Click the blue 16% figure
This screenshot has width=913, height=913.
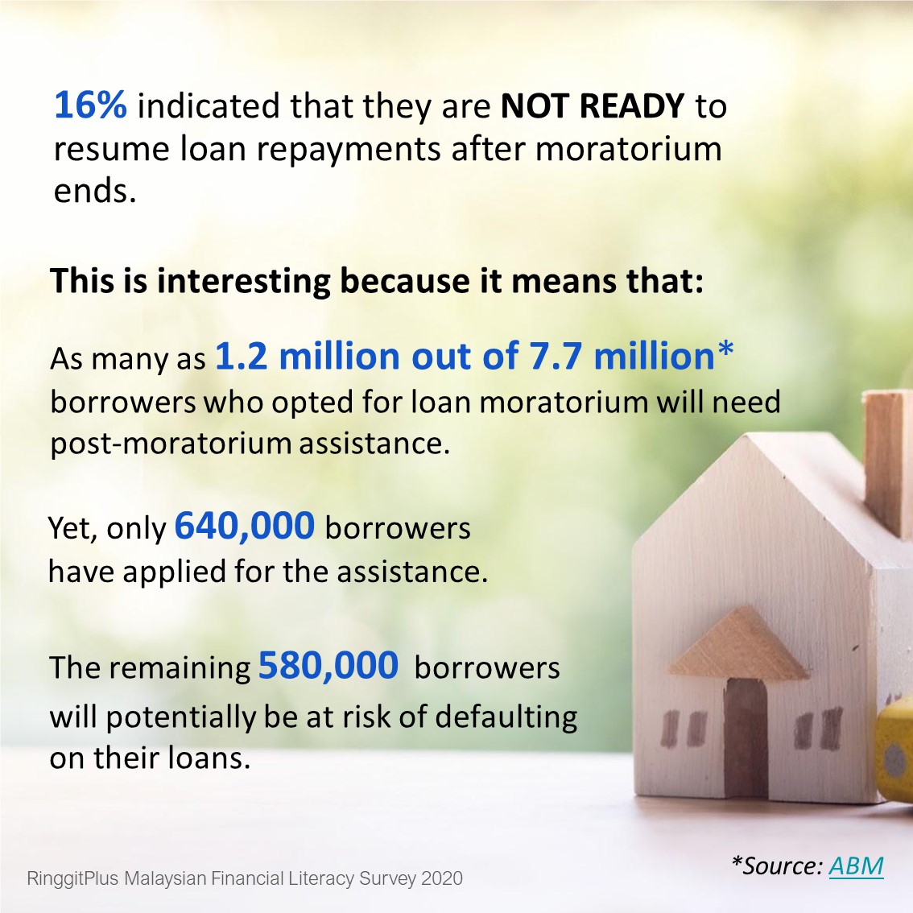pyautogui.click(x=90, y=105)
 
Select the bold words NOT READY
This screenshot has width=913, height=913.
pyautogui.click(x=593, y=105)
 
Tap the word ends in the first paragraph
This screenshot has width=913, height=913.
pyautogui.click(x=95, y=190)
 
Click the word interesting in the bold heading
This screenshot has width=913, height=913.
pyautogui.click(x=243, y=281)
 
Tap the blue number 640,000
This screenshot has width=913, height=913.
pyautogui.click(x=245, y=525)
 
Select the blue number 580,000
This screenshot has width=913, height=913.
pyautogui.click(x=328, y=665)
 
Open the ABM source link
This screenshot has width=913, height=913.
pyautogui.click(x=856, y=865)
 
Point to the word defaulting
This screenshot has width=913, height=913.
pyautogui.click(x=506, y=717)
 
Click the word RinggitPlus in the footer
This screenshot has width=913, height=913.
pyautogui.click(x=72, y=878)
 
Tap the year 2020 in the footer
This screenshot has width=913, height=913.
pyautogui.click(x=442, y=878)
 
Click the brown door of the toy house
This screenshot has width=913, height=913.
pyautogui.click(x=746, y=737)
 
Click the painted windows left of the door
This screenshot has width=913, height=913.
pyautogui.click(x=685, y=729)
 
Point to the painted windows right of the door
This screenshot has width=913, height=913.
pyautogui.click(x=818, y=728)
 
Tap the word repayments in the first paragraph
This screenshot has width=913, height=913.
pyautogui.click(x=348, y=150)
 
